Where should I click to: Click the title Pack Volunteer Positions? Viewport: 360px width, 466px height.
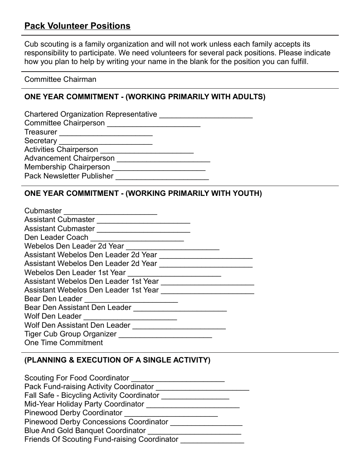coord(77,26)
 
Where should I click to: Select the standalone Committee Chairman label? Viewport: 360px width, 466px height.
coord(60,80)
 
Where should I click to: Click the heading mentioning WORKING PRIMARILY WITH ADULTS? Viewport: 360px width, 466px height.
coord(145,97)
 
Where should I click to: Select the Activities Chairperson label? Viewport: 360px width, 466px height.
coord(61,150)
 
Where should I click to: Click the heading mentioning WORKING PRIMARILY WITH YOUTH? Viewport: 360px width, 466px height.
coord(143,194)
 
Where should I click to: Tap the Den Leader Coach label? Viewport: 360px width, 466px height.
coord(56,238)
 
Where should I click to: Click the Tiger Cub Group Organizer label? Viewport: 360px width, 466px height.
coord(70,334)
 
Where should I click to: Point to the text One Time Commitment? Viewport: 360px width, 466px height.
coord(63,343)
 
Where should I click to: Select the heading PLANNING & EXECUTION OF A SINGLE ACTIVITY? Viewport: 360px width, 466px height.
coord(117,360)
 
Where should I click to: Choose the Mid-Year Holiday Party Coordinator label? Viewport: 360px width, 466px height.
coord(84,404)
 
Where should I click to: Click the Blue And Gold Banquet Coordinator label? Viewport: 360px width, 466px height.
coord(85,431)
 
